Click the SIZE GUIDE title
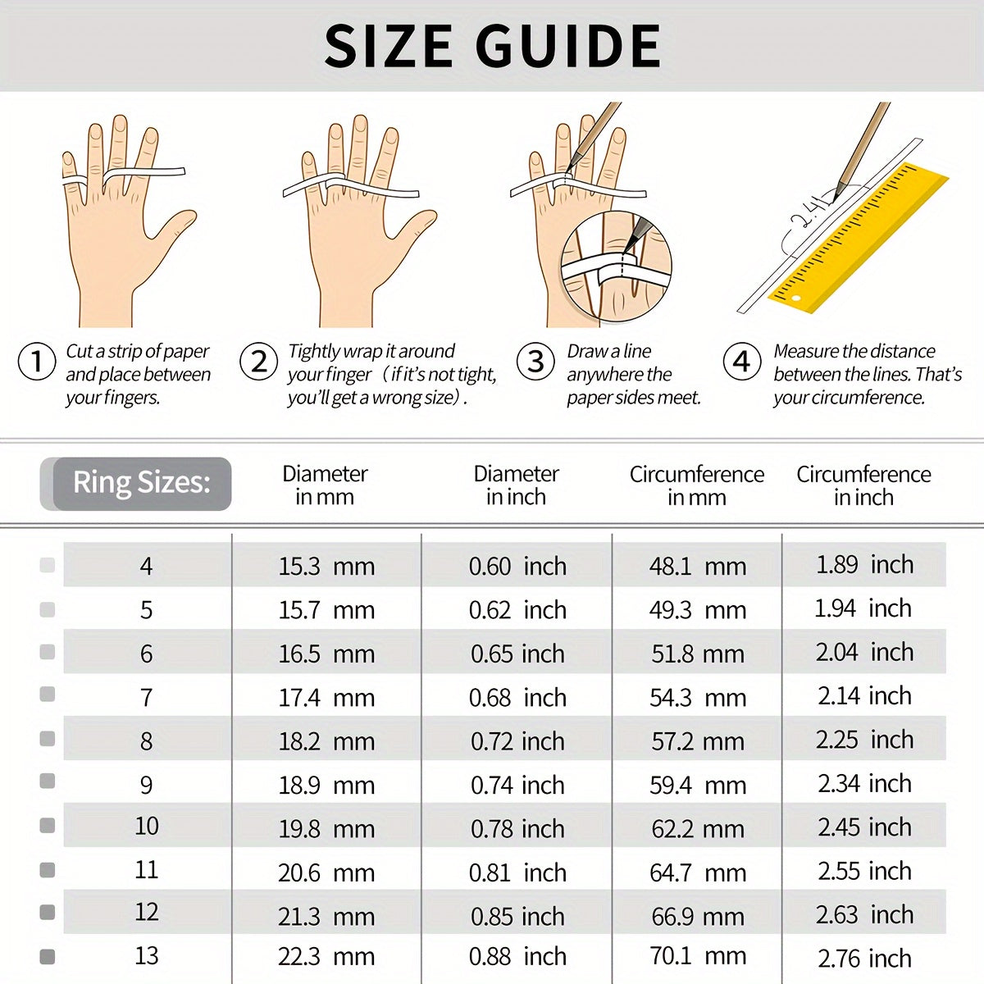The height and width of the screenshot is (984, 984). [x=492, y=46]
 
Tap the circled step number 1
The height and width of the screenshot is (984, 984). [x=36, y=362]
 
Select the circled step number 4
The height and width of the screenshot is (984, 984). [x=741, y=362]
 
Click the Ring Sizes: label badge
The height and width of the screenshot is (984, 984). [x=141, y=483]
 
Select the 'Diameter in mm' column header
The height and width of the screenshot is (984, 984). [x=325, y=485]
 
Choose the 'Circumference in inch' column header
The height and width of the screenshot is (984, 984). [x=863, y=485]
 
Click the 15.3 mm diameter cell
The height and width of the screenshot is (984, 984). [x=326, y=566]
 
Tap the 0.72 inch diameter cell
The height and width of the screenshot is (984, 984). [x=517, y=741]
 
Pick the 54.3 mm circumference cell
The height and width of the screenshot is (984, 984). [x=698, y=698]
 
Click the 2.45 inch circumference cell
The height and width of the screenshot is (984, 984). [x=864, y=827]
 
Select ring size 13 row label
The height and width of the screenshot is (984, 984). [x=146, y=955]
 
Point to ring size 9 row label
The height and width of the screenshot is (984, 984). [x=146, y=785]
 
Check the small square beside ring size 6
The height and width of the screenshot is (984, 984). [x=48, y=652]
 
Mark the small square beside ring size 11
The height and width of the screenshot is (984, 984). [x=48, y=869]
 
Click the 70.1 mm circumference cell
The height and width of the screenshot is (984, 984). [x=698, y=956]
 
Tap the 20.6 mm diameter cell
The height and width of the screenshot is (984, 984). [x=326, y=872]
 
